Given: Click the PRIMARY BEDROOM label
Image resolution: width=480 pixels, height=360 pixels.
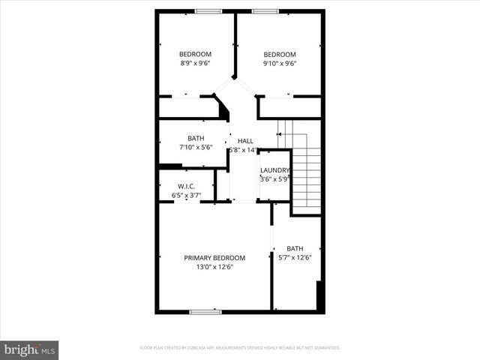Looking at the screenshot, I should [214, 258].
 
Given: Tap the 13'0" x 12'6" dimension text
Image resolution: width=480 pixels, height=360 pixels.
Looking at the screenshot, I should [214, 267].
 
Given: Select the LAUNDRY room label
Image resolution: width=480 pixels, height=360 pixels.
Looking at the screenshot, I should [274, 170].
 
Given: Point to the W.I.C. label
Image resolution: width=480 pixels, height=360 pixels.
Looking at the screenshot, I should [187, 186].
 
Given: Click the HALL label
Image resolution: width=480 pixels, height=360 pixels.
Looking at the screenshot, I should [245, 141].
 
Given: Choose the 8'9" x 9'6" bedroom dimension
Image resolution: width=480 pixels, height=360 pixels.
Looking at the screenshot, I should [195, 64].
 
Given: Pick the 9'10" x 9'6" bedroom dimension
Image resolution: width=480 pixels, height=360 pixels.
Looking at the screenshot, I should [279, 64].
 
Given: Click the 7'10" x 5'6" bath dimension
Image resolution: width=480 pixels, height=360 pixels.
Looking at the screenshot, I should [196, 148].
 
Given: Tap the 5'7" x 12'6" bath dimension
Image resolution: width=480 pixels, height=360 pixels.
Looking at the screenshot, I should [295, 258].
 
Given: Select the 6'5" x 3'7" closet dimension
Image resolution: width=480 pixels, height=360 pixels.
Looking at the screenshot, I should [187, 195].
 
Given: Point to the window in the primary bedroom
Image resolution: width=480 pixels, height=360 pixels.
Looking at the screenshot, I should [205, 311].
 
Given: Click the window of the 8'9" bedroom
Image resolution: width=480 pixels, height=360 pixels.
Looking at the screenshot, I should [208, 11].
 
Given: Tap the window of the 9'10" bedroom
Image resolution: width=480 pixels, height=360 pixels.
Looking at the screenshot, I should [265, 11].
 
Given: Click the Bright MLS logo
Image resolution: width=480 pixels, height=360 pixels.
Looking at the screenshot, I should [30, 349].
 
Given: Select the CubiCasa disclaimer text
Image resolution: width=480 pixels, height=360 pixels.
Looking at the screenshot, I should [240, 348].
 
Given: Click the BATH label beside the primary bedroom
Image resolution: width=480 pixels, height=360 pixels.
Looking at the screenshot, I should [295, 249].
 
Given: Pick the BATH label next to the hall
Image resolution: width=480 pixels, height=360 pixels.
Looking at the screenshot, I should [196, 139].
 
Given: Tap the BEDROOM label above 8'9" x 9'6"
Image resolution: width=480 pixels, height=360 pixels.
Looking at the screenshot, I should [195, 54].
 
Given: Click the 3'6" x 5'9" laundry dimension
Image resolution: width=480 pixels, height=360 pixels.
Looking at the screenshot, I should [274, 179].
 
